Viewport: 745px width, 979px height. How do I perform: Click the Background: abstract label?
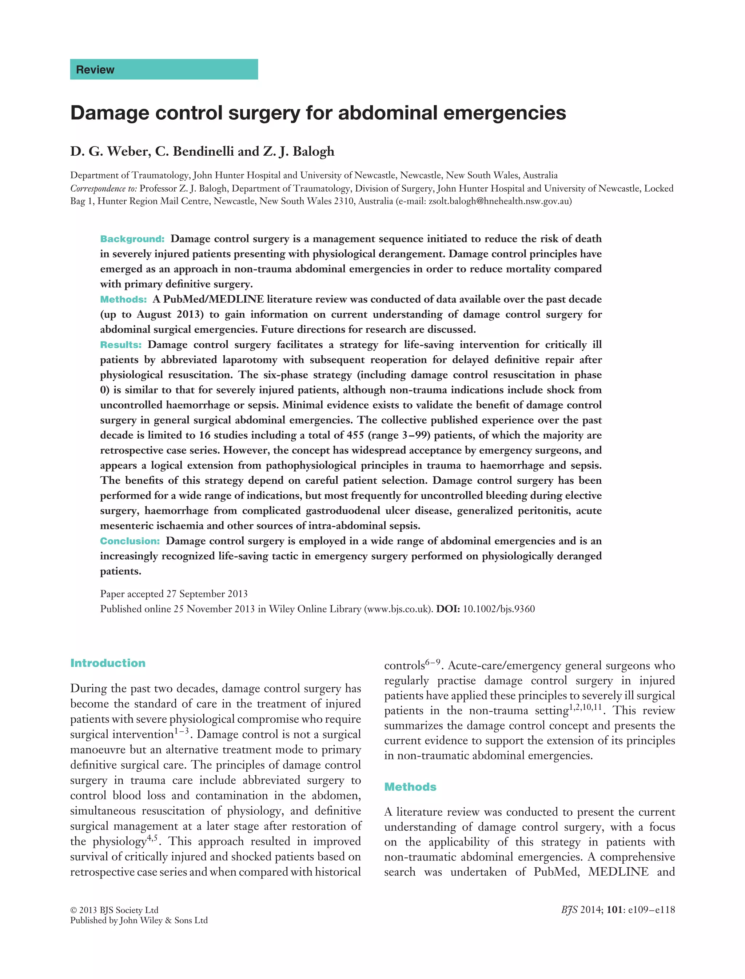[132, 239]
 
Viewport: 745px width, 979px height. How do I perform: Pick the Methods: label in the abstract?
[123, 299]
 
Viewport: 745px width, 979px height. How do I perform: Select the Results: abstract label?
[121, 344]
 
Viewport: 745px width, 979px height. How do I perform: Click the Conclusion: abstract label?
[130, 541]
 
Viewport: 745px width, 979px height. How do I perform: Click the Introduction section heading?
[108, 663]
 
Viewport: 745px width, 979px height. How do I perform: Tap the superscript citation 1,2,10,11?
[585, 707]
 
